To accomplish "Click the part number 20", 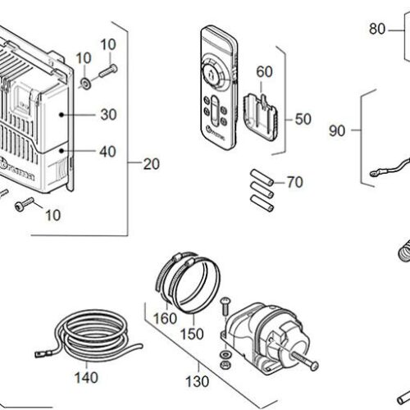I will point(151,164).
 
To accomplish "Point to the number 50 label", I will point(303,119).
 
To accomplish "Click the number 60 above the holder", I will point(264,71).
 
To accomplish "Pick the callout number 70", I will point(294,182).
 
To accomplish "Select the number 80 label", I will point(376,29).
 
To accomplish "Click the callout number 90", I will point(337,130).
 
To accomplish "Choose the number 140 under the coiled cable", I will point(85,378).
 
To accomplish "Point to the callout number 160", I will point(165,317).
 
